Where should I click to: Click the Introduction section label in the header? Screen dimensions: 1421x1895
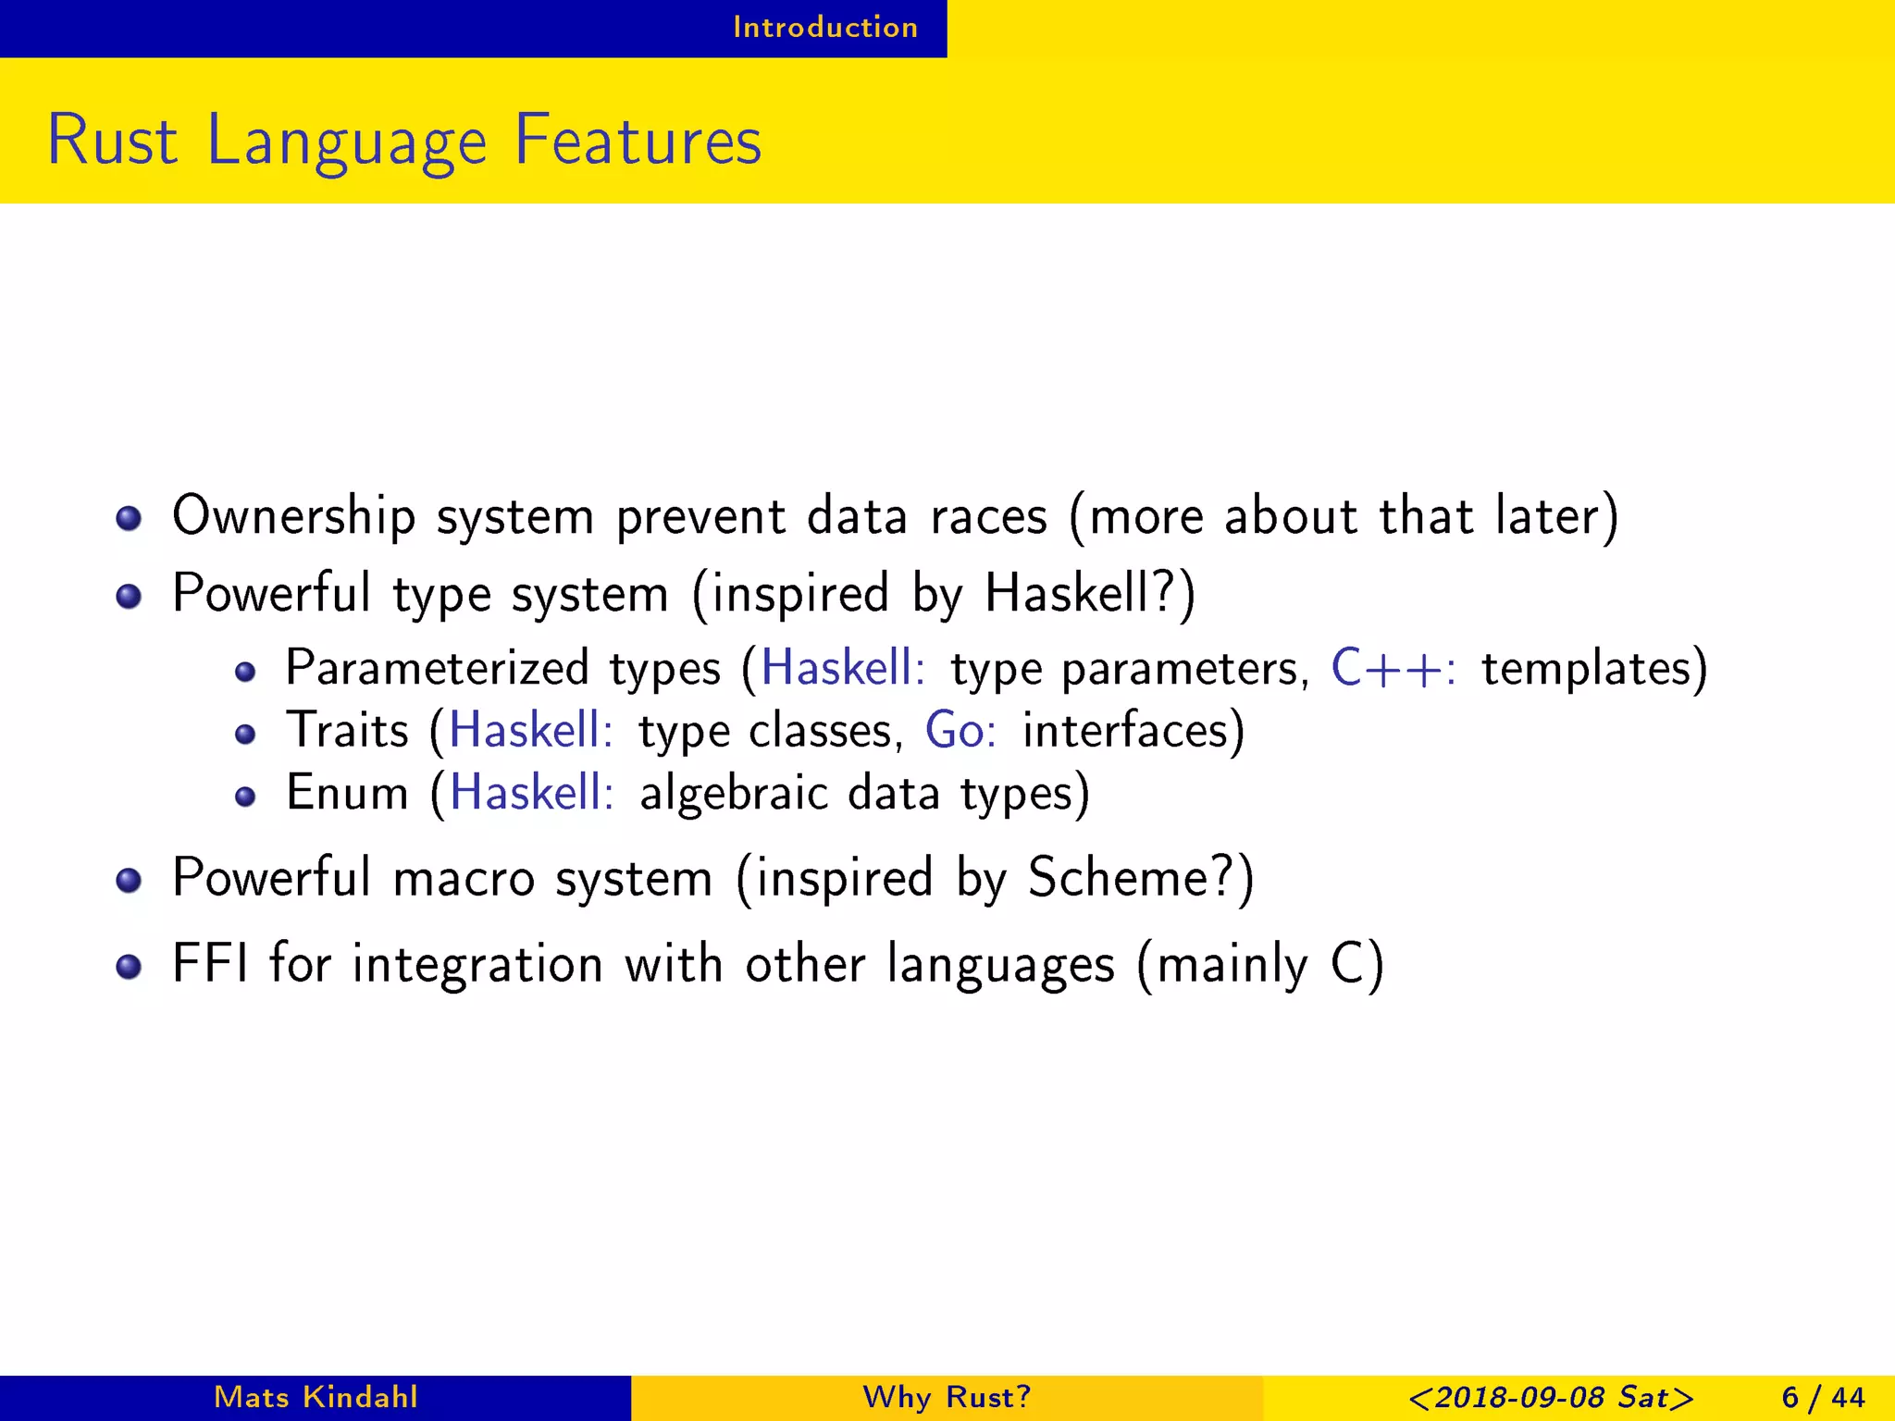[x=825, y=28]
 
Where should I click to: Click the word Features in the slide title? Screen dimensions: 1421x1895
[x=638, y=141]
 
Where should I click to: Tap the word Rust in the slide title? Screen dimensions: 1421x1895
[x=112, y=141]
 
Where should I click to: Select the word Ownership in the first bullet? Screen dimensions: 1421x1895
[x=293, y=516]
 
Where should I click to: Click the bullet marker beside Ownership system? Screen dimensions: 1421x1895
[x=129, y=518]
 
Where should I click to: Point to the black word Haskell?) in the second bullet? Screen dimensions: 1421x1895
[x=1090, y=593]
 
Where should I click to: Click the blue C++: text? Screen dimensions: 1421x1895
[x=1393, y=668]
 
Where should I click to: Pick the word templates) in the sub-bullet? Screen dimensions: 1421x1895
[x=1593, y=668]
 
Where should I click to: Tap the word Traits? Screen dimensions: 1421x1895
[x=347, y=731]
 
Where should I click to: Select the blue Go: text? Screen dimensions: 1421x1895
[x=960, y=731]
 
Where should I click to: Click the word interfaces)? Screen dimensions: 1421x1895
[x=1133, y=731]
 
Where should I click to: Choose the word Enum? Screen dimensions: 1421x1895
[x=347, y=793]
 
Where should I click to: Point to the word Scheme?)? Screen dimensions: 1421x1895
[x=1141, y=877]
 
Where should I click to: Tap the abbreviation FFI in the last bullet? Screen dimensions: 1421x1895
[x=210, y=964]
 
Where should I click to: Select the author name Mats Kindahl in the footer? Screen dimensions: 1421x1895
[x=316, y=1397]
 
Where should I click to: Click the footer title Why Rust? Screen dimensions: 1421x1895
[x=947, y=1397]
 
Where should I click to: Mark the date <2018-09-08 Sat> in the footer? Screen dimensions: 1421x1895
[x=1551, y=1397]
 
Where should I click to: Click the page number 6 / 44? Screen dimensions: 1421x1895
[x=1823, y=1397]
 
